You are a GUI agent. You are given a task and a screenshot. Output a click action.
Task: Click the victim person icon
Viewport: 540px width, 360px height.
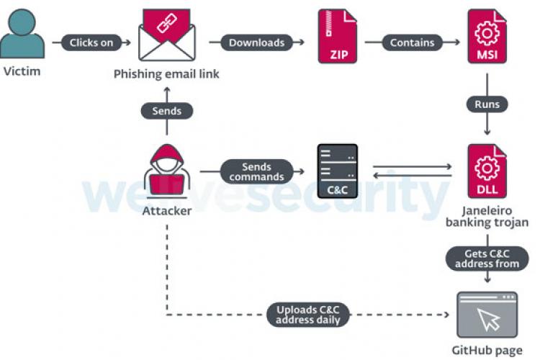(22, 34)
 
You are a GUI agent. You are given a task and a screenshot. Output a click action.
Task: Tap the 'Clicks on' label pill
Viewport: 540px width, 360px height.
(91, 42)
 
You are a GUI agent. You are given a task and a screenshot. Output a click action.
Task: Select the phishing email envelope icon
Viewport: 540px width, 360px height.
(167, 35)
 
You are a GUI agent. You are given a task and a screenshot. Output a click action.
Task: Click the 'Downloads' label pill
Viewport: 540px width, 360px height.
(256, 42)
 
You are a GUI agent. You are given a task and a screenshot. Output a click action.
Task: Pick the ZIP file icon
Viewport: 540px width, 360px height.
(338, 36)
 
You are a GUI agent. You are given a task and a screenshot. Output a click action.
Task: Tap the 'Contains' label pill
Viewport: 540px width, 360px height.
(413, 42)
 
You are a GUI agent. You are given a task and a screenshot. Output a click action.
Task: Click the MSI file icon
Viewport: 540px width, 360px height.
(487, 36)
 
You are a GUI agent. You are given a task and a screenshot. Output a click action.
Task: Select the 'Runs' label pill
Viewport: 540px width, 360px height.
(487, 104)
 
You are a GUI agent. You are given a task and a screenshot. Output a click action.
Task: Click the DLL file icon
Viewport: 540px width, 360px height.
(487, 171)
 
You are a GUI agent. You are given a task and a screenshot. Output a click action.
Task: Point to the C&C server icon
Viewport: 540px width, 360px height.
(338, 171)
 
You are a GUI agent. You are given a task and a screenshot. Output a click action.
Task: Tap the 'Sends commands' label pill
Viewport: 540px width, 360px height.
(256, 171)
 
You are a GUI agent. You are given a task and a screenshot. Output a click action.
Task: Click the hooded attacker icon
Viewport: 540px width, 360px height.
(167, 171)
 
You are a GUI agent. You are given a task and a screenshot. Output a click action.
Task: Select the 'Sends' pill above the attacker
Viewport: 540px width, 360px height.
(167, 111)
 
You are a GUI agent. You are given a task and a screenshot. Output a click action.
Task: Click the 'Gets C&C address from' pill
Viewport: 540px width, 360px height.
(487, 258)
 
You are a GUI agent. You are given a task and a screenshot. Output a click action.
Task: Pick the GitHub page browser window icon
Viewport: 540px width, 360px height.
(487, 315)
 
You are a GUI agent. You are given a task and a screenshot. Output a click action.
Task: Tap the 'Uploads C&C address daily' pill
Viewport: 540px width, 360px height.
(308, 315)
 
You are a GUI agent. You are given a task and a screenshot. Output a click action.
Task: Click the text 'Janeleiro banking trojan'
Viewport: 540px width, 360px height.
(487, 216)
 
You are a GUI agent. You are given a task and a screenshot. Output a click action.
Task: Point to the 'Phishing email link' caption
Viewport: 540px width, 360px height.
(166, 74)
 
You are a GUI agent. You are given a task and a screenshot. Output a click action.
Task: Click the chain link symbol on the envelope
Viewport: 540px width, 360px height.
(167, 23)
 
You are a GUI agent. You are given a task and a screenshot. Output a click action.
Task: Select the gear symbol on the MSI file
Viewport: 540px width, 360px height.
(487, 33)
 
